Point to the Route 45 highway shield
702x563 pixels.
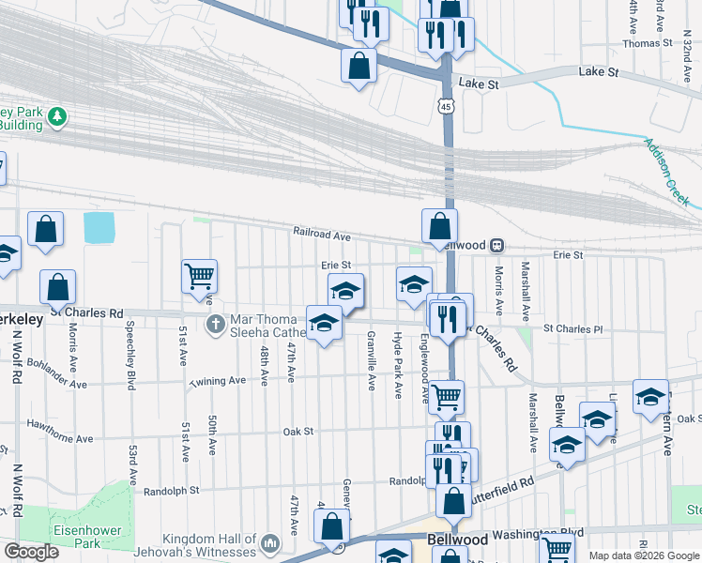[x=445, y=107]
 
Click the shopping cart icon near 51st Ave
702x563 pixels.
[x=199, y=276]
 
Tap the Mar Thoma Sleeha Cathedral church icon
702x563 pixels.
[x=215, y=325]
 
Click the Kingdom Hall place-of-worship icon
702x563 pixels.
[x=270, y=543]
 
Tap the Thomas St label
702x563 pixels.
[x=648, y=43]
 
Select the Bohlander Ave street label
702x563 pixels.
[x=56, y=373]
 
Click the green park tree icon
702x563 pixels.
[x=59, y=116]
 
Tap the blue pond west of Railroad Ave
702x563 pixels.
[x=99, y=228]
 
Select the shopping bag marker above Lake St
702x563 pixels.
[x=359, y=67]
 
